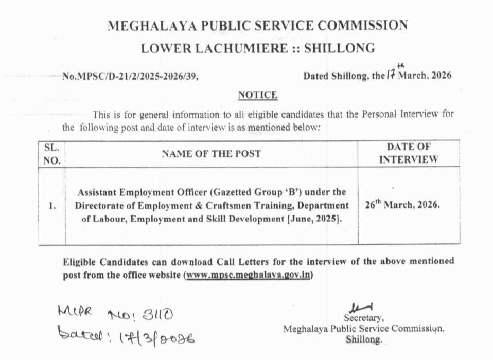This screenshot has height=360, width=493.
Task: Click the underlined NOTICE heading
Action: pos(258,95)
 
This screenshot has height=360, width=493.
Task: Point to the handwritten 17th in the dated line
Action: pos(394,74)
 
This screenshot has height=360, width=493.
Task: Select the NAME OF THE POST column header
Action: pos(211,153)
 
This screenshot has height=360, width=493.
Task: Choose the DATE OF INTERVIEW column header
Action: pos(409,153)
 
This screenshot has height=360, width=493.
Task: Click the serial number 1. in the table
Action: pos(52,206)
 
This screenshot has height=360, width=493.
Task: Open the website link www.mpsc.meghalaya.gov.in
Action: pos(248,275)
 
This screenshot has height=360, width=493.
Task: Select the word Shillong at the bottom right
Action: pos(364,340)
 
